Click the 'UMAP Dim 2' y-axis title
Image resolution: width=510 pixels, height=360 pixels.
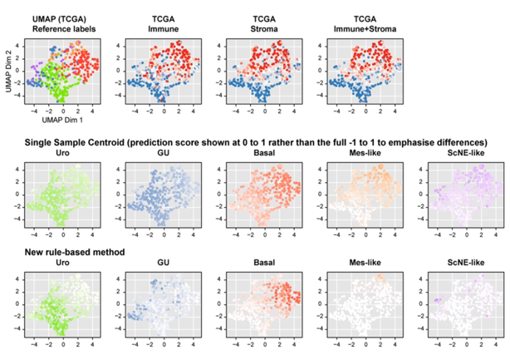point(9,71)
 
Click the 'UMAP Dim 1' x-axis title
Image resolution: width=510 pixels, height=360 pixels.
point(62,120)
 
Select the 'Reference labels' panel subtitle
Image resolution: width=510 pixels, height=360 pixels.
point(64,29)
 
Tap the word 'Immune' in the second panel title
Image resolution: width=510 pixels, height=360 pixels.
point(164,29)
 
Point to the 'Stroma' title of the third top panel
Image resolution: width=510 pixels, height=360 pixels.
point(264,29)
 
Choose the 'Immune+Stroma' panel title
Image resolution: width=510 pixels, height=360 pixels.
point(365,29)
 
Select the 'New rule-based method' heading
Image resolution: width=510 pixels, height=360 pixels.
point(75,252)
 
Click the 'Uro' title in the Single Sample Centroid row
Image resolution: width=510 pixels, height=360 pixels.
point(62,153)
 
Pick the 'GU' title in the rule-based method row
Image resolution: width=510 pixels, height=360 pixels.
point(164,263)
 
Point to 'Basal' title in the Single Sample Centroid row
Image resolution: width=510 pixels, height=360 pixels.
point(264,153)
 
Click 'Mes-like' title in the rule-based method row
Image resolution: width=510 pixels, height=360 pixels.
point(365,263)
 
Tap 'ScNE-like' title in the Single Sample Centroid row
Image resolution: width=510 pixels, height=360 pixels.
point(466,153)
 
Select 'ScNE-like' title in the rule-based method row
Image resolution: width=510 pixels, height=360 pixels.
point(466,263)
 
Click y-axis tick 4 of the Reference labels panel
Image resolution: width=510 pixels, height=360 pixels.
point(19,47)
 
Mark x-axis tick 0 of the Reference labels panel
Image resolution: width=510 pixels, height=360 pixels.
point(63,111)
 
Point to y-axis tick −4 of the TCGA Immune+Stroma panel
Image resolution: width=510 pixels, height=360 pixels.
point(321,96)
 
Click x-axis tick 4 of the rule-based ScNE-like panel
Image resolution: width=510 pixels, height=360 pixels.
point(496,344)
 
